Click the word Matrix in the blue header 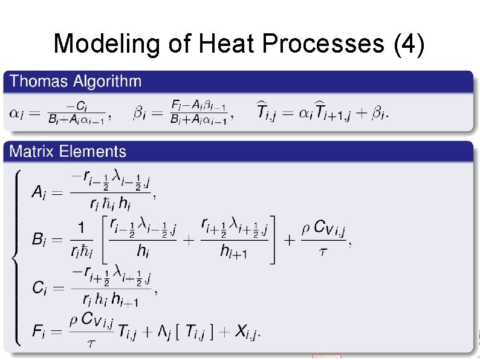click(32, 151)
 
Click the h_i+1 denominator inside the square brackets click(233, 252)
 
